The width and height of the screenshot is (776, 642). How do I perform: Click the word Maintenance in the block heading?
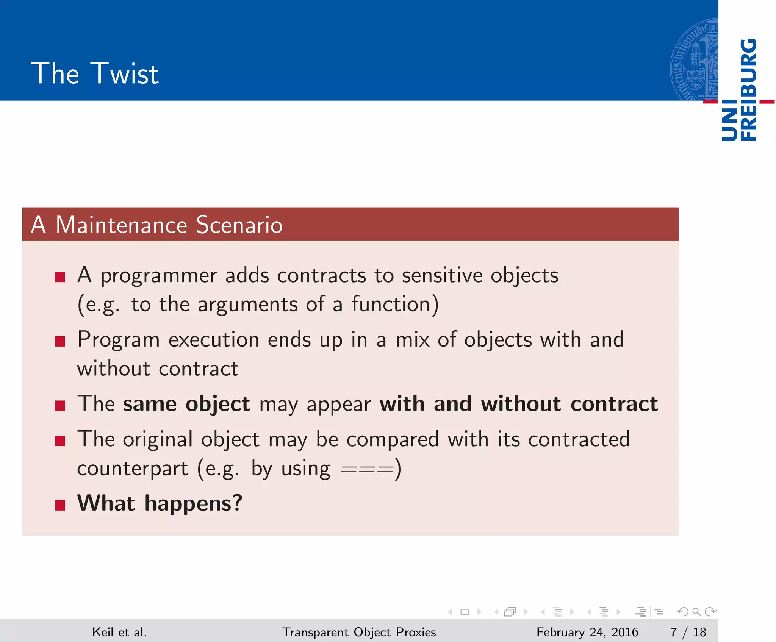[x=121, y=225]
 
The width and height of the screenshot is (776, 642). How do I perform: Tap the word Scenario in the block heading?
[x=239, y=225]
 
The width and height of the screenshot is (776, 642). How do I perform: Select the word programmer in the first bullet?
[x=158, y=276]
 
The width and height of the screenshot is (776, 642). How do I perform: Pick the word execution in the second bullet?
[x=214, y=340]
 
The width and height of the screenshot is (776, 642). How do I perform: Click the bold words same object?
[x=186, y=404]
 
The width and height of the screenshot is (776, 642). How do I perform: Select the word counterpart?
[x=132, y=469]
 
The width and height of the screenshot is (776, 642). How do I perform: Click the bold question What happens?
[x=160, y=503]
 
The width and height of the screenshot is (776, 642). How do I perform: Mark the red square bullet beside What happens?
[x=60, y=505]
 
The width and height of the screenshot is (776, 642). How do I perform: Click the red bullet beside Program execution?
[x=60, y=341]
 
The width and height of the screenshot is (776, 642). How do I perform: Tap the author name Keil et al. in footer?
[x=119, y=632]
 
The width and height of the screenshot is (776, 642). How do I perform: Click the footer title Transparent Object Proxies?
[x=359, y=632]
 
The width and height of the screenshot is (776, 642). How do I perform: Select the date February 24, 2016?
[x=587, y=632]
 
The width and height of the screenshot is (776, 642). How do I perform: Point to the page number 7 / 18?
[x=688, y=632]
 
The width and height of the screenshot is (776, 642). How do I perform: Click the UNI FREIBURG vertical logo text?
[x=738, y=90]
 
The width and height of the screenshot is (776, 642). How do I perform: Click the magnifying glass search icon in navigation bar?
[x=696, y=611]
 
